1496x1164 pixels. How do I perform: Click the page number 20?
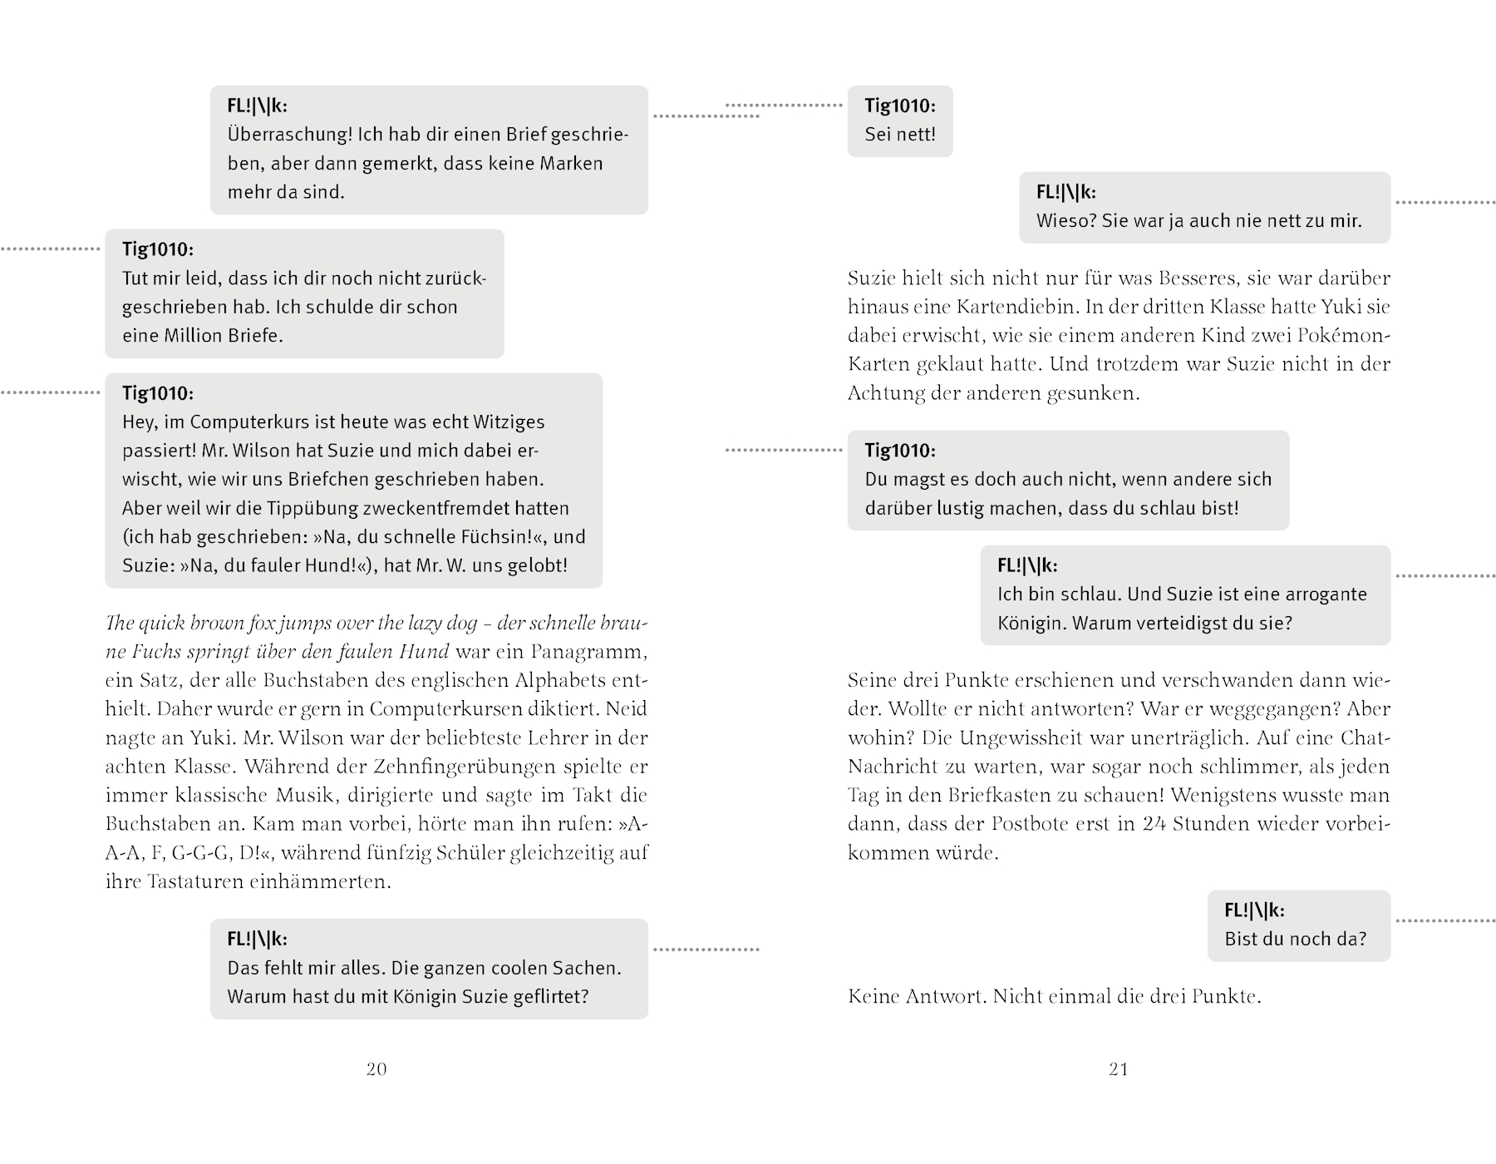(376, 1069)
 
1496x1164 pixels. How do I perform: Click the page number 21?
(1119, 1069)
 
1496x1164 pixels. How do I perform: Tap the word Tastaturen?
(195, 882)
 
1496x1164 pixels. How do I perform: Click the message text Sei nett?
(900, 135)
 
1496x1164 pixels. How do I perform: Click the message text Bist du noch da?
(1295, 940)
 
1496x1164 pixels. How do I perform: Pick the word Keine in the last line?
(873, 997)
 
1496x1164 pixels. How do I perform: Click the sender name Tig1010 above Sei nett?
(898, 106)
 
